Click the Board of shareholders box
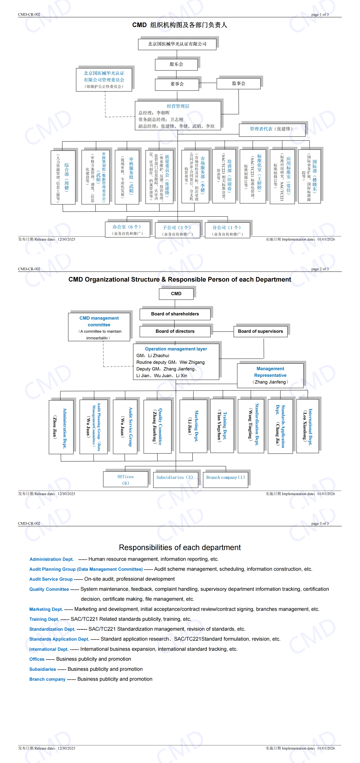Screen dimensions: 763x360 coord(175,314)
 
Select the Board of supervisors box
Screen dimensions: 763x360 coord(260,331)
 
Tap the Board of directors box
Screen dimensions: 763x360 coord(175,331)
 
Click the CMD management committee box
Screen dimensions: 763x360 coord(99,327)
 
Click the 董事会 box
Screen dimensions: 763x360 coord(177,84)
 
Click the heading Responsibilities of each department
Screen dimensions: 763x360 coord(180,547)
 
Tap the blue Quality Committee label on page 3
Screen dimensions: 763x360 coord(49,589)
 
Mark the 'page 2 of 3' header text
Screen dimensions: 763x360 coord(320,269)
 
